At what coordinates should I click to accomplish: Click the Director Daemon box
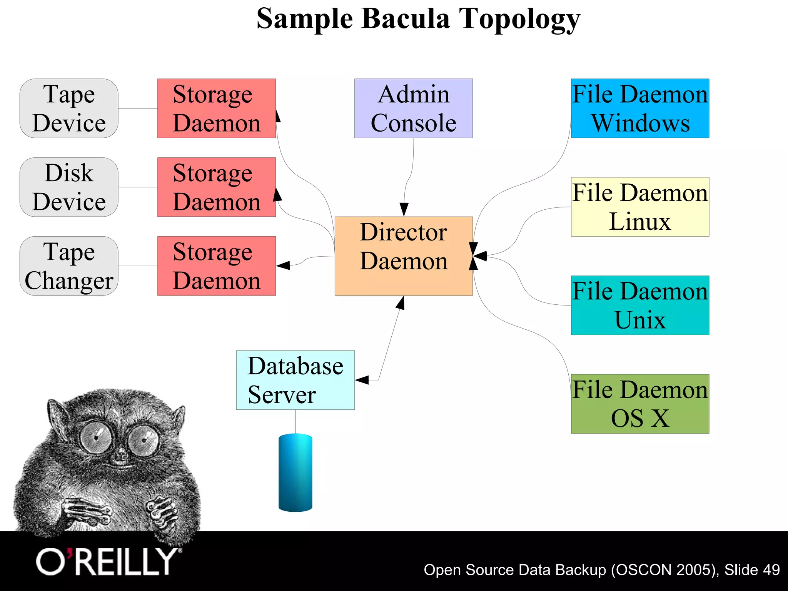click(x=404, y=256)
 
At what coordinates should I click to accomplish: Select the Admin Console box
click(x=413, y=109)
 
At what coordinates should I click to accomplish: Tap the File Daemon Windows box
click(x=640, y=109)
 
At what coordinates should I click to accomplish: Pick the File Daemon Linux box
click(x=640, y=207)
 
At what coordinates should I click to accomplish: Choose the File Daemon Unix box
click(x=640, y=305)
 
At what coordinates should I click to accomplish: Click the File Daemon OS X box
click(x=640, y=404)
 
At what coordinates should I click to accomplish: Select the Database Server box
click(x=295, y=380)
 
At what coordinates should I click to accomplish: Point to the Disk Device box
click(x=69, y=187)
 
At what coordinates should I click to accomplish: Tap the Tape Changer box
click(x=69, y=266)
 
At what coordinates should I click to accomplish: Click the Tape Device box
click(x=69, y=109)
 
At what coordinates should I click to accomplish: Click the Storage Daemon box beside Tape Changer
click(x=217, y=266)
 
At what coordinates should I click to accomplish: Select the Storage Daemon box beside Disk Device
click(x=217, y=187)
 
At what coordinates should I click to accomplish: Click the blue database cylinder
click(x=295, y=472)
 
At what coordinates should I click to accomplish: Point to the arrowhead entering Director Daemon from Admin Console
click(x=404, y=209)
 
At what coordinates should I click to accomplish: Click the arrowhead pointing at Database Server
click(x=362, y=380)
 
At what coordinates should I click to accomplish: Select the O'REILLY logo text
click(x=106, y=562)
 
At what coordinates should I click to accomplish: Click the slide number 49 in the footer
click(x=771, y=569)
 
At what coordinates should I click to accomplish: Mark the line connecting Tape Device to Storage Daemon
click(x=138, y=109)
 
